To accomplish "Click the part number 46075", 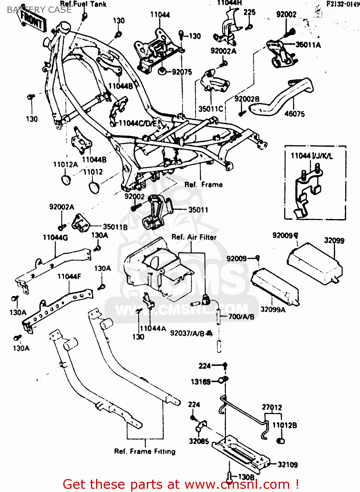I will click(x=294, y=114).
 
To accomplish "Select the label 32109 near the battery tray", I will click(x=288, y=464).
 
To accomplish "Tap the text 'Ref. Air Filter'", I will click(x=194, y=237).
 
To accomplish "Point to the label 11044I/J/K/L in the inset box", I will click(x=312, y=156).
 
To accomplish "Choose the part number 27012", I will click(x=272, y=407).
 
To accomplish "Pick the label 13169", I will click(x=201, y=382).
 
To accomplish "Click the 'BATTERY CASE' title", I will click(x=39, y=10).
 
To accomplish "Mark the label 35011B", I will click(x=115, y=227).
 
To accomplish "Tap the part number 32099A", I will click(x=273, y=309).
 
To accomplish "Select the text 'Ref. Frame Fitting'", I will click(x=145, y=451).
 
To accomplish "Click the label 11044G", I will click(x=55, y=237).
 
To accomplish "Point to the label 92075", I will click(x=182, y=72).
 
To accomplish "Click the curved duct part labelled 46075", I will click(x=282, y=97).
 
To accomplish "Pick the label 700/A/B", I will click(x=241, y=317).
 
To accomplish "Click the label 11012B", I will click(x=285, y=425).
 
